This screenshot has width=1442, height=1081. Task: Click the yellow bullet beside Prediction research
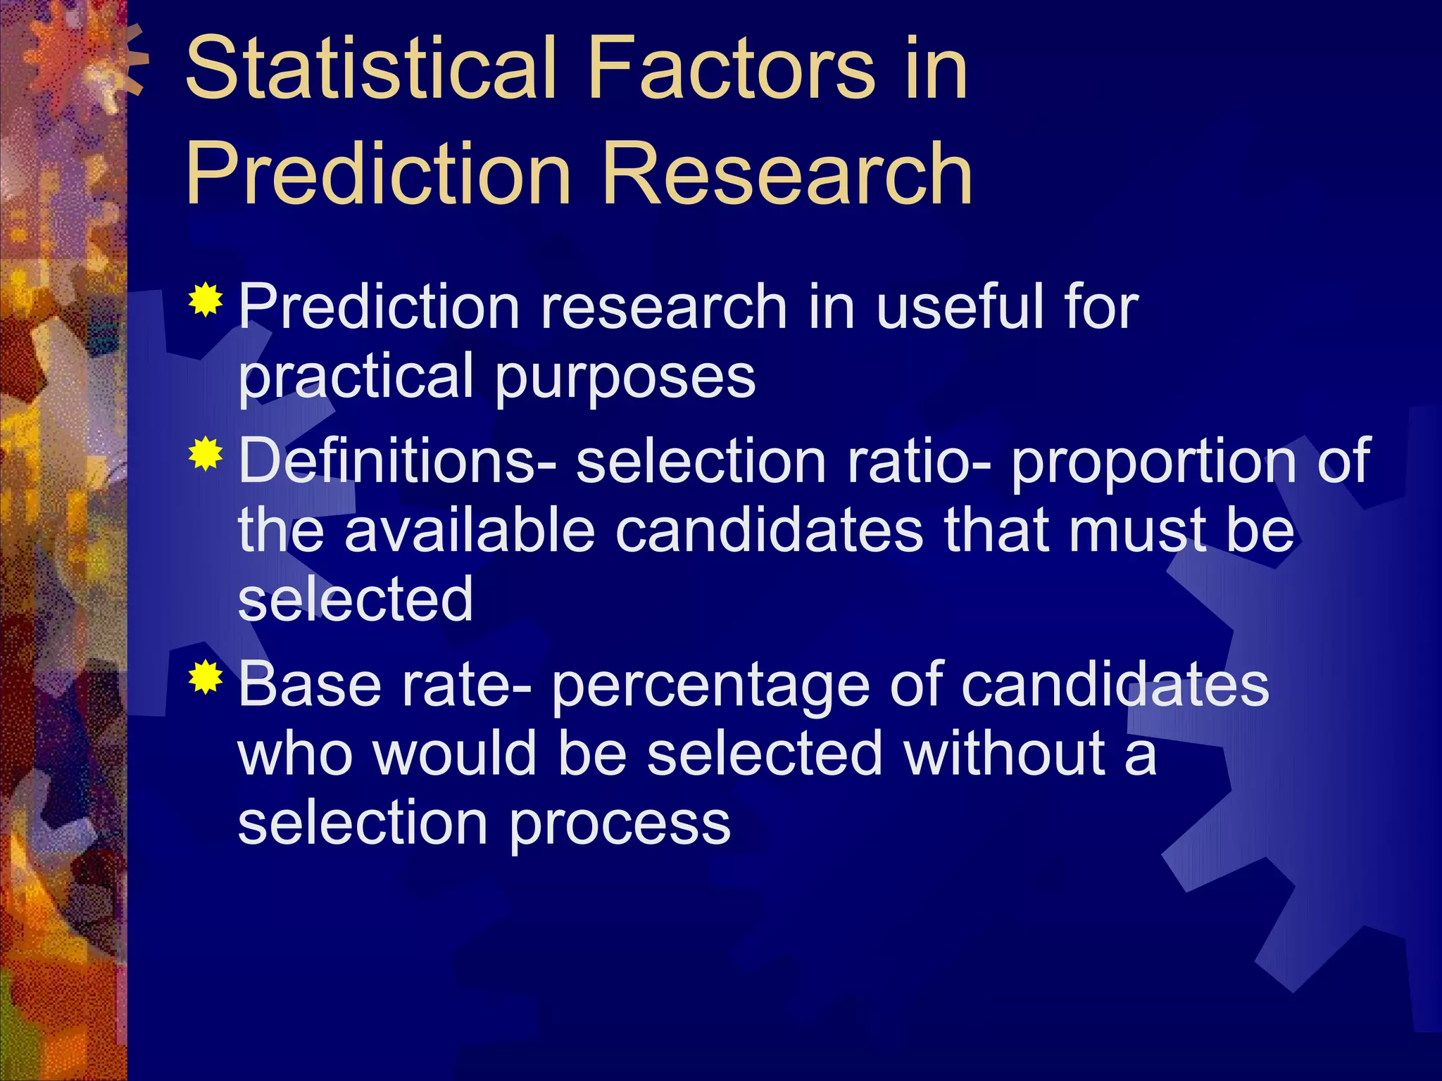(206, 301)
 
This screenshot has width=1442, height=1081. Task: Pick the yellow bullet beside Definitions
(206, 454)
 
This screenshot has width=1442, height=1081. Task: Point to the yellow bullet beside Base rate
(206, 678)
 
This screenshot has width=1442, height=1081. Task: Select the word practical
(356, 377)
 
